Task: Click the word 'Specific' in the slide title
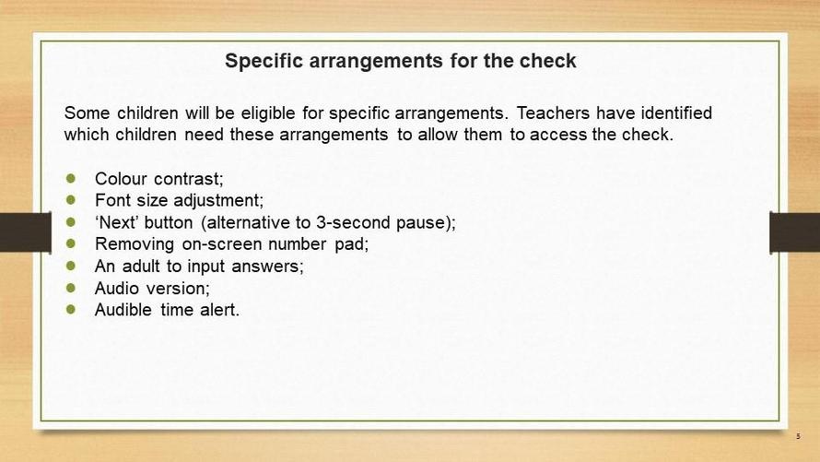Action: point(264,62)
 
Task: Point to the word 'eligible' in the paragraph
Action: point(268,113)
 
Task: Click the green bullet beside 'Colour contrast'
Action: point(71,178)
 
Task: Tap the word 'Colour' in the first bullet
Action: point(121,179)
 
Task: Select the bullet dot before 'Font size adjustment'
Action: point(71,200)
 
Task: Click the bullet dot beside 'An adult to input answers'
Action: point(71,266)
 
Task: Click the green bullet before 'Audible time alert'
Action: point(71,309)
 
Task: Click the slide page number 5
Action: point(798,436)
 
